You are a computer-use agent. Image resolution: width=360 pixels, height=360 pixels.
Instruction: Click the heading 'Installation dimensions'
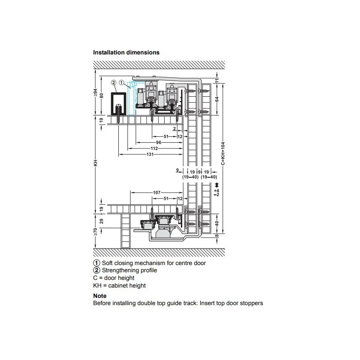click(x=126, y=53)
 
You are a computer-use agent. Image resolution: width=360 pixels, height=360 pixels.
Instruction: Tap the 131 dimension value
click(x=150, y=154)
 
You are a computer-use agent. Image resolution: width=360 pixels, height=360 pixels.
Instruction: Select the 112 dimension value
click(x=154, y=148)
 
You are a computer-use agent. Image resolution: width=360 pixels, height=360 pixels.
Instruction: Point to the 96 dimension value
click(x=158, y=143)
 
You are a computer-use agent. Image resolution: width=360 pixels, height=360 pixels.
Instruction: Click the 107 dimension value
click(x=157, y=193)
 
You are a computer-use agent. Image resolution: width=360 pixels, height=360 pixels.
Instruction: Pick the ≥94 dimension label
click(x=95, y=93)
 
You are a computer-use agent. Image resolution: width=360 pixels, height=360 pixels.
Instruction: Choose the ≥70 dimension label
click(x=95, y=232)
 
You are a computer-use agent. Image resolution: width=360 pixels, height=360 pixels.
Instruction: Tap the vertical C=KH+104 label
click(x=223, y=153)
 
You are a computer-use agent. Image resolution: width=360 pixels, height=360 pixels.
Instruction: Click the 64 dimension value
click(x=217, y=99)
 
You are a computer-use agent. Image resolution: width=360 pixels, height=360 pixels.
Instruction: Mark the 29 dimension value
click(x=102, y=221)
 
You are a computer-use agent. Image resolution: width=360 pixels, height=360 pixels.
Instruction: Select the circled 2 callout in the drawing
click(x=114, y=82)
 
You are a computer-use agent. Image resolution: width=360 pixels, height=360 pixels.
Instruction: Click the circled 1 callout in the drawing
click(x=121, y=82)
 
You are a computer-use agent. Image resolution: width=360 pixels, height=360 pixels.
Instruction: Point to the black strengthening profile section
click(x=118, y=103)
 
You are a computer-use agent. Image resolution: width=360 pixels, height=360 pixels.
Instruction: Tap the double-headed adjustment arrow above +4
click(x=217, y=185)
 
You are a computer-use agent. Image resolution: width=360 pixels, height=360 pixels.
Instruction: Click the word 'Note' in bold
click(x=100, y=296)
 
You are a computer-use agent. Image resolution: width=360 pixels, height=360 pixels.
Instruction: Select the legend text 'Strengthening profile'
click(x=130, y=270)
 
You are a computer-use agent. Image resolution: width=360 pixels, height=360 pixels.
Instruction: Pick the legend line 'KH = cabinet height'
click(x=119, y=286)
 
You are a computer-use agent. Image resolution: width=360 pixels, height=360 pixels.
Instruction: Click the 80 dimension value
click(x=102, y=95)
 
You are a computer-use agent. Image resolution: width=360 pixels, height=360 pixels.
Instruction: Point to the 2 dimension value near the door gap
click(x=175, y=129)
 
